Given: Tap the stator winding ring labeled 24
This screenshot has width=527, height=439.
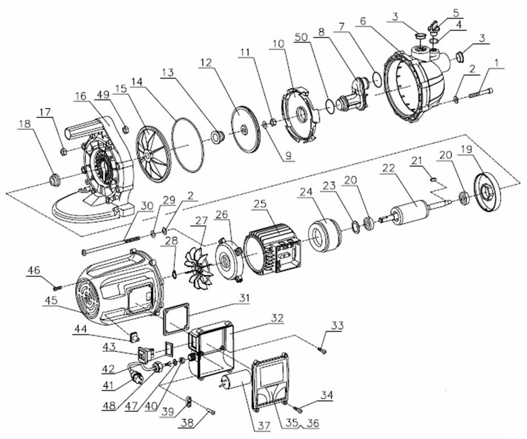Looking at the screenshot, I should coord(323,234).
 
